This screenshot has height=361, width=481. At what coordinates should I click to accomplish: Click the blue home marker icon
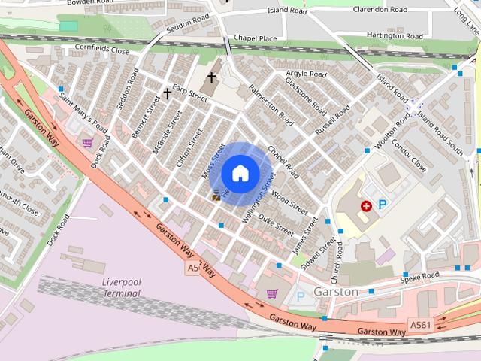point(240,174)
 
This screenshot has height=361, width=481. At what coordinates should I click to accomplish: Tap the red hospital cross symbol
point(366,205)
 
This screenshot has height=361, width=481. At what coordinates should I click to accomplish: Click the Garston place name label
point(336,291)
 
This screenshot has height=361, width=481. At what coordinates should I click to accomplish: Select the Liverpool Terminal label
point(121,287)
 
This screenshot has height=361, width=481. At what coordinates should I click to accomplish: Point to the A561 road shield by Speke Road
point(419,323)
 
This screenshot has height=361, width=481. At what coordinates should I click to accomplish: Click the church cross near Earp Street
point(168,94)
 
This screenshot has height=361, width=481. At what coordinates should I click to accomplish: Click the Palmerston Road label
point(272,108)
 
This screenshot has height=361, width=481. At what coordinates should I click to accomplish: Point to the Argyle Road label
point(306,74)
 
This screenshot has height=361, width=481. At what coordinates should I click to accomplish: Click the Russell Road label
point(332,120)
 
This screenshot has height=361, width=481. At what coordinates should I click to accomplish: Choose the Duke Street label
point(276,223)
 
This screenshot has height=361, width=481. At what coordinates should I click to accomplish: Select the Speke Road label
point(419,277)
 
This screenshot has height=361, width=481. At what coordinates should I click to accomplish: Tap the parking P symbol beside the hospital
point(382,204)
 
